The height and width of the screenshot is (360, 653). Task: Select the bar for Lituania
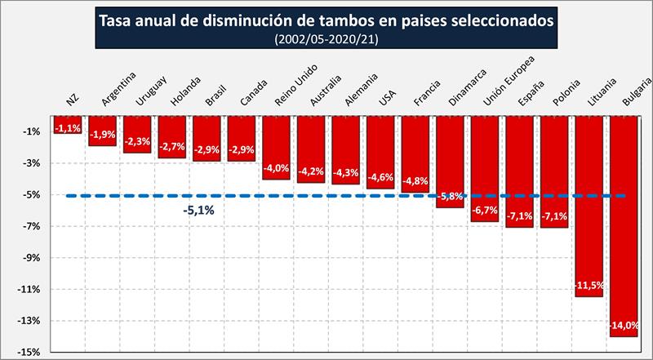point(589,204)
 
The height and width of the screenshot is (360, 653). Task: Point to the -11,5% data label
point(589,285)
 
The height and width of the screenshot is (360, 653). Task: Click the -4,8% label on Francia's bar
point(415,180)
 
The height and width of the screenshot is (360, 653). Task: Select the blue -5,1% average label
point(198,211)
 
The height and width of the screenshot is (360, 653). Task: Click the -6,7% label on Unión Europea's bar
point(485,211)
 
